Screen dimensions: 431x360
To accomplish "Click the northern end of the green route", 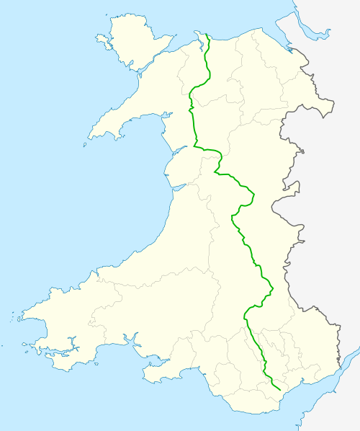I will [207, 35].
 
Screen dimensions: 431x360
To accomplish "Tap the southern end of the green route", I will [279, 388].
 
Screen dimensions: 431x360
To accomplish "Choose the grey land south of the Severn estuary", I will [338, 411].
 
